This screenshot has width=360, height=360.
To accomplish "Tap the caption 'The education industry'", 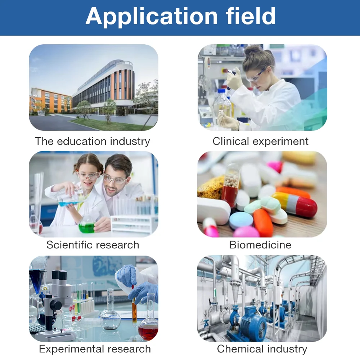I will point(93,141).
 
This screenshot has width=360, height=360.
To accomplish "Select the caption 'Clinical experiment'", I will point(260,141).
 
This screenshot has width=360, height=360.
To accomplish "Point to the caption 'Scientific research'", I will point(93,245).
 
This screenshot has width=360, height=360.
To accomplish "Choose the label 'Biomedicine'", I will point(260,245).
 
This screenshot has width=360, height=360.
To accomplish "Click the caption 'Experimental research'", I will point(95,349).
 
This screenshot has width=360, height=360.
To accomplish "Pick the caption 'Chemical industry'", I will point(262,349).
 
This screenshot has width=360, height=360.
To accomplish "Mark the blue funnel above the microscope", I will point(37,279).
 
